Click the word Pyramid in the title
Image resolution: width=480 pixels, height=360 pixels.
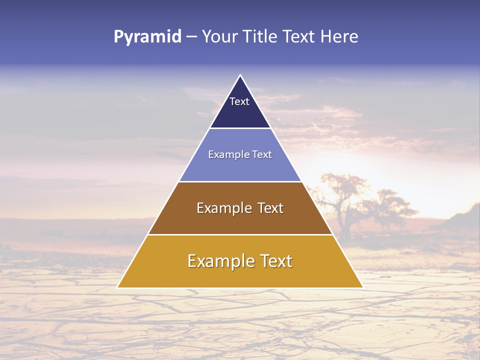[x=147, y=37]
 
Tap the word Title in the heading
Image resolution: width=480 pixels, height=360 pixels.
[x=260, y=37]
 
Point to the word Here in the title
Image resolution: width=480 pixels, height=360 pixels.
[x=339, y=37]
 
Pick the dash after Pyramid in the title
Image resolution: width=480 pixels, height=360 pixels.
[x=191, y=37]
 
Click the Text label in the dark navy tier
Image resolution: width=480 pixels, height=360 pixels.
[x=239, y=101]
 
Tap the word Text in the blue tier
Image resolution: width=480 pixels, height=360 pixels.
[x=261, y=154]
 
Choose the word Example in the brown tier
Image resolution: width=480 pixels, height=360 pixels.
[x=223, y=208]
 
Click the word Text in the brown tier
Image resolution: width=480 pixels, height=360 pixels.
[x=270, y=208]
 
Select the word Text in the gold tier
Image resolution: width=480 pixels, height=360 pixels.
[x=276, y=261]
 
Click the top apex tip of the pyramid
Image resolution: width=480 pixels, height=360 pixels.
[x=240, y=75]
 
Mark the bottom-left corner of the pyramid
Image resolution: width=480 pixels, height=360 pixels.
[x=118, y=287]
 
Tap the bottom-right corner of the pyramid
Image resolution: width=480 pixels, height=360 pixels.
[x=362, y=287]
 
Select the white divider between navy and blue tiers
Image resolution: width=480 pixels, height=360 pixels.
[x=240, y=128]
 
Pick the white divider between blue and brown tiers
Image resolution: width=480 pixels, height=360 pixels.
[x=240, y=181]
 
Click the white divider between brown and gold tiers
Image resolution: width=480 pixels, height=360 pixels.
[x=240, y=234]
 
